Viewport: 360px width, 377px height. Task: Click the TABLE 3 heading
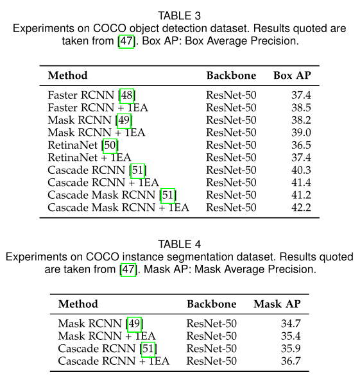(x=180, y=16)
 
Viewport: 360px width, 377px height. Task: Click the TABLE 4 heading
(x=180, y=244)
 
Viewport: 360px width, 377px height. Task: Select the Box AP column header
(x=292, y=75)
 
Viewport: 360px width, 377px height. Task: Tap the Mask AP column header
(x=277, y=303)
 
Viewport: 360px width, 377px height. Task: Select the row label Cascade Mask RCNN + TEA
(x=118, y=207)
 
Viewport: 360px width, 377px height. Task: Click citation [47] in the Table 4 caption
(x=128, y=269)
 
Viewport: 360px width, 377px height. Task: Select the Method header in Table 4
(x=78, y=303)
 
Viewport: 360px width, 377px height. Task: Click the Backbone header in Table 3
(x=231, y=75)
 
